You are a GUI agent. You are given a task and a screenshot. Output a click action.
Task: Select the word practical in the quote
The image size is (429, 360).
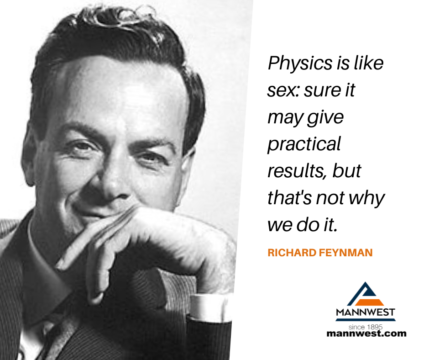tap(304, 144)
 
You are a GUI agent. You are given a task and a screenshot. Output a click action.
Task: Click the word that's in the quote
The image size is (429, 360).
tap(290, 197)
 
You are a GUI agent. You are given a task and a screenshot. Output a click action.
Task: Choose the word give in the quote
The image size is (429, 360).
tap(325, 118)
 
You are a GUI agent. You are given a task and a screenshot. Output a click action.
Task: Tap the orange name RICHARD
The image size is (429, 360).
tap(292, 253)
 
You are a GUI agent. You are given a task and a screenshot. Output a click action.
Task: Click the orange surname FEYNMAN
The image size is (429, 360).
tap(346, 253)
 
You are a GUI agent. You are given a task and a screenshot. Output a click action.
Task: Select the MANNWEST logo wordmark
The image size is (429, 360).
tap(366, 312)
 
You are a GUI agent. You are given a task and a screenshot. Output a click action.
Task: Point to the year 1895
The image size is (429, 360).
tap(375, 327)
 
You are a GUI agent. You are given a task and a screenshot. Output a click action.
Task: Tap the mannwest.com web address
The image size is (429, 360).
tap(366, 334)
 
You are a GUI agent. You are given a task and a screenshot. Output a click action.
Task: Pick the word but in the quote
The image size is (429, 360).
tap(347, 170)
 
